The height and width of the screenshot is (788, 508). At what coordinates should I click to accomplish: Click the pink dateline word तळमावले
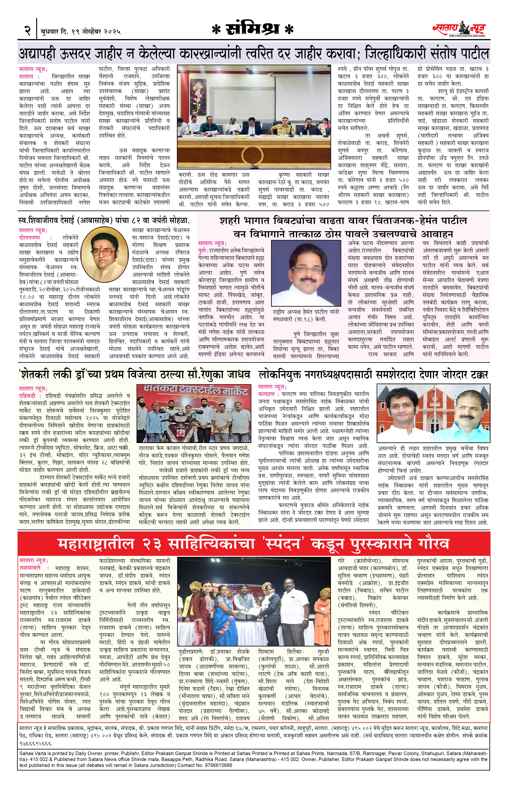(x=30, y=568)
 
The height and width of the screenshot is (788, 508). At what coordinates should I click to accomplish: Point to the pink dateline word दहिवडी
(x=27, y=396)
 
